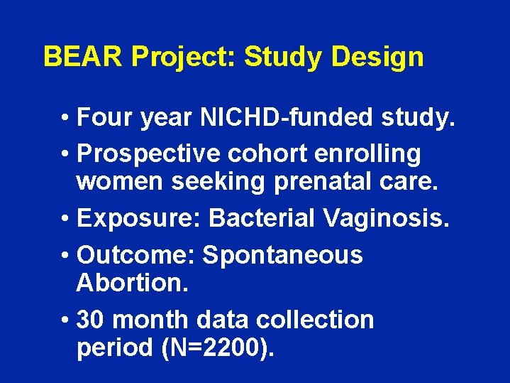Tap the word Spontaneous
click(x=282, y=255)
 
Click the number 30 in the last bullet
click(x=91, y=320)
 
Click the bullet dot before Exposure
click(x=65, y=220)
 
